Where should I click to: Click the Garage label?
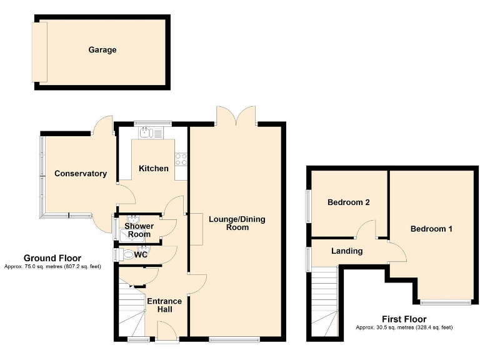tap(102, 50)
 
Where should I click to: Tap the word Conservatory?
tap(80, 174)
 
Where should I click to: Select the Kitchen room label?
tap(153, 169)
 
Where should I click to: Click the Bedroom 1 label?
tap(431, 229)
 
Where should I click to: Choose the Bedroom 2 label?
tap(349, 202)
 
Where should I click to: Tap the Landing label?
tap(347, 251)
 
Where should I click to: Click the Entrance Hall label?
tap(164, 306)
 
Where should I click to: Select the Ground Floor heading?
tap(52, 257)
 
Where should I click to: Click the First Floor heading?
tap(404, 319)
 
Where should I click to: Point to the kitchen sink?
tap(147, 132)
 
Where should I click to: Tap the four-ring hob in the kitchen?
tap(182, 159)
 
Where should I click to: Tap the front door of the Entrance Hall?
tap(167, 331)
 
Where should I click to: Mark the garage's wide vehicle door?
tap(41, 51)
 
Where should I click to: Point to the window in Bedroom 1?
tap(445, 303)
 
